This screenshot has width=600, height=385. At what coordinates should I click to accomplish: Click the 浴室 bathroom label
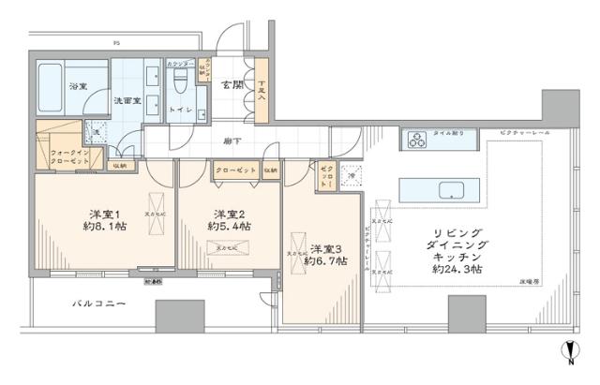pyautogui.click(x=76, y=87)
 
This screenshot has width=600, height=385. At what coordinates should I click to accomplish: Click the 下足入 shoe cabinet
pyautogui.click(x=262, y=90)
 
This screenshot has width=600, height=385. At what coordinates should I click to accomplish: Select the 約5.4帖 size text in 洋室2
pyautogui.click(x=229, y=227)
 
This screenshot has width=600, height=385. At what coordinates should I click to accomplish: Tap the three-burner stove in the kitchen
pyautogui.click(x=416, y=141)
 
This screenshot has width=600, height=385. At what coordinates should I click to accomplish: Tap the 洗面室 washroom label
pyautogui.click(x=127, y=99)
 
